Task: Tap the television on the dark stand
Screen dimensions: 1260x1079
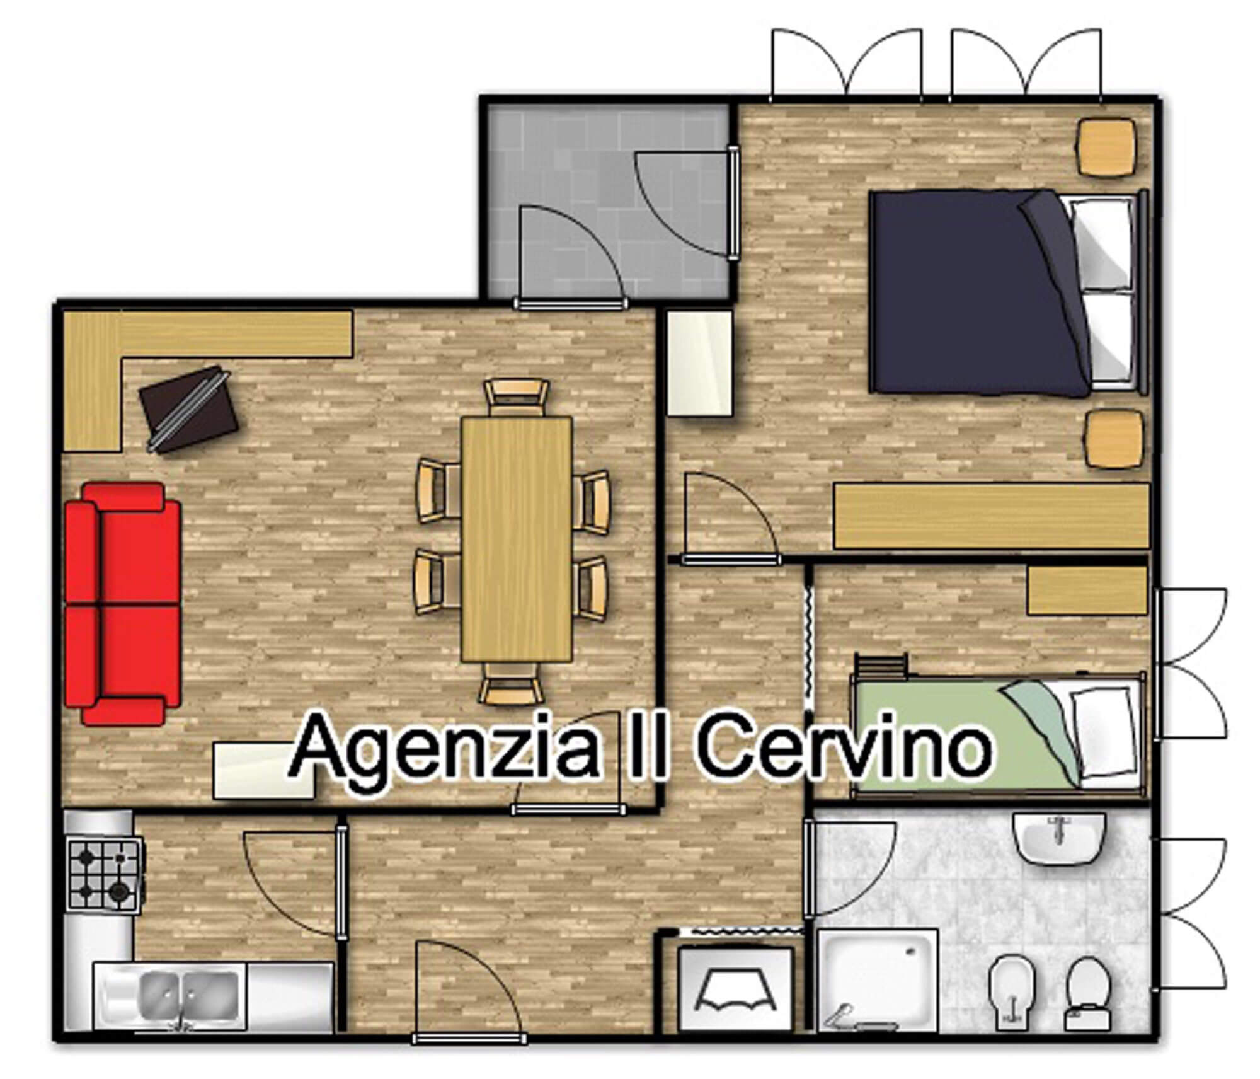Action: pos(188,409)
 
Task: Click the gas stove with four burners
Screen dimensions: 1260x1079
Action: pos(104,872)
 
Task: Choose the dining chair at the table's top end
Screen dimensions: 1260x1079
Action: pos(516,398)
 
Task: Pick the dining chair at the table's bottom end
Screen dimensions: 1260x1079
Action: pos(511,682)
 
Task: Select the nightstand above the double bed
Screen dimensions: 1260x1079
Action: pos(1107,148)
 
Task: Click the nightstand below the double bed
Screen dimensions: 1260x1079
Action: pos(1114,439)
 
